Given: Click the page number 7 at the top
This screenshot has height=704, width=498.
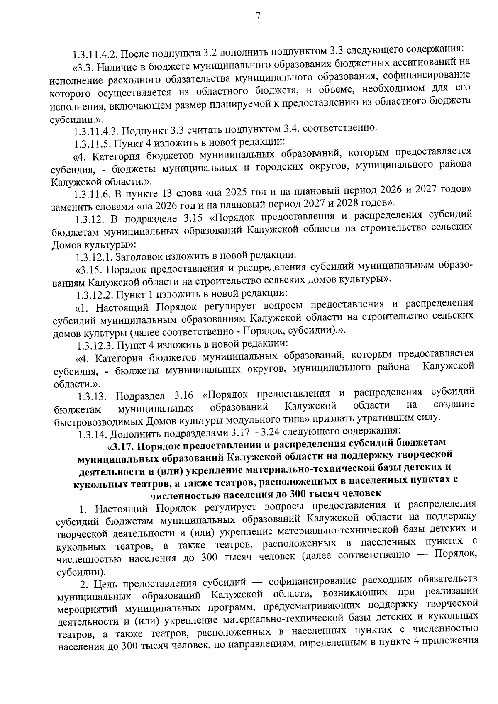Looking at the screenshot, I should tap(258, 16).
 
